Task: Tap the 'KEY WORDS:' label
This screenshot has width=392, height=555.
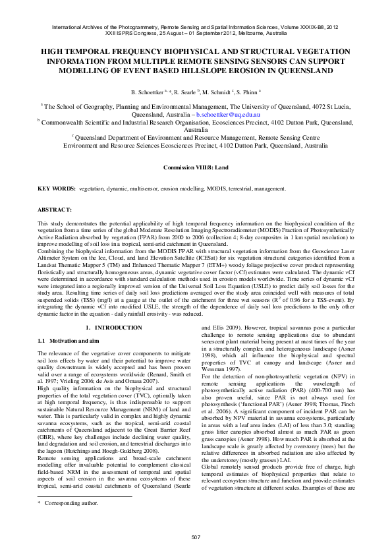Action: pos(57,189)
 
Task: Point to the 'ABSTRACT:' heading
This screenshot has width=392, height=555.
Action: pos(54,210)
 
